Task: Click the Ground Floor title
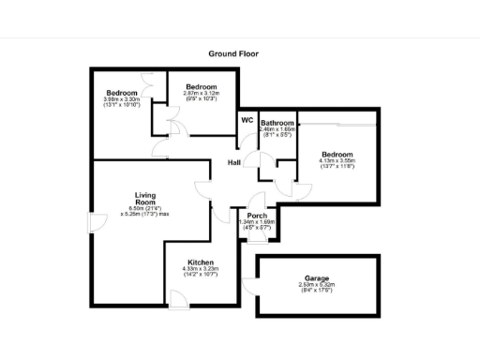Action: [233, 54]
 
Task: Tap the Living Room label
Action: [143, 199]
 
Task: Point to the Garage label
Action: [316, 277]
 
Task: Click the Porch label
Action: [257, 216]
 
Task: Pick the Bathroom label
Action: [277, 124]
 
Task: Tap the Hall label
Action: [234, 164]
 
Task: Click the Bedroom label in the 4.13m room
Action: [337, 155]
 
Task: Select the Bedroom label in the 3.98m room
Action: [122, 92]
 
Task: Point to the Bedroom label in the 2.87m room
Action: [201, 87]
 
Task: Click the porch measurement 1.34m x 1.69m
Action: [258, 222]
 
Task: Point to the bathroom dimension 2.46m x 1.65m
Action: [277, 130]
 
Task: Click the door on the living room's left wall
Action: [93, 221]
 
